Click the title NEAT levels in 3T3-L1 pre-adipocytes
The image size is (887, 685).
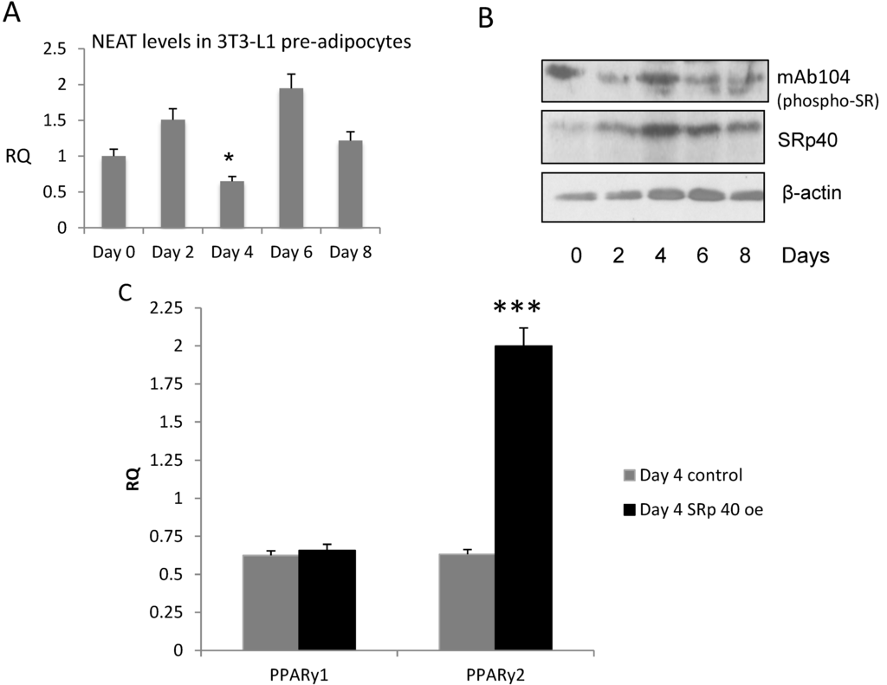pyautogui.click(x=228, y=41)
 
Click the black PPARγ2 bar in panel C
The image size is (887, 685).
pyautogui.click(x=522, y=497)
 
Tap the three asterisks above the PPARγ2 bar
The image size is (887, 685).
pyautogui.click(x=517, y=308)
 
